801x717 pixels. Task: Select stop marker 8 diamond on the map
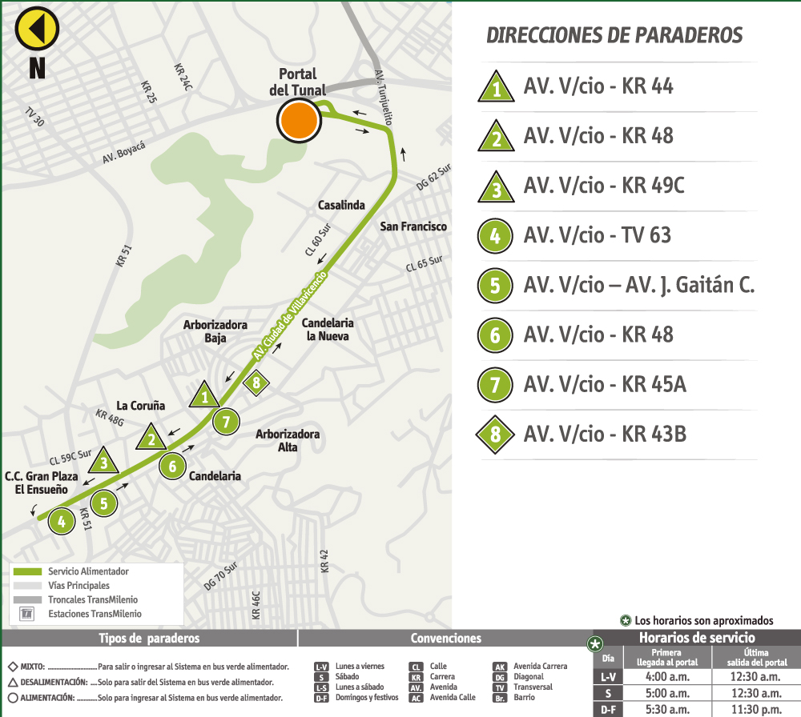tap(256, 383)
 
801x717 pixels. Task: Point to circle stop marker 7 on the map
tap(226, 421)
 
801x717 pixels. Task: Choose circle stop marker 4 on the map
tap(61, 523)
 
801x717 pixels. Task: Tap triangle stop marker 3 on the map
tap(103, 462)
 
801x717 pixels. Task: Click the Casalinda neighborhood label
tap(341, 205)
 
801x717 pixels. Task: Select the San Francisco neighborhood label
tap(413, 226)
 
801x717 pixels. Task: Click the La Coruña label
tap(141, 405)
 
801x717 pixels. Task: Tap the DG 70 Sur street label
tap(221, 576)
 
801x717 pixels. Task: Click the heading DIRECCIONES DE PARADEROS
tap(614, 35)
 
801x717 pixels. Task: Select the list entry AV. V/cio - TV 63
tap(597, 235)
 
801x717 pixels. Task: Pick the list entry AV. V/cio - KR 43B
tap(605, 435)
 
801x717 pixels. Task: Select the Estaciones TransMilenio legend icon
tap(28, 614)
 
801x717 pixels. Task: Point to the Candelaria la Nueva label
tap(328, 330)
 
